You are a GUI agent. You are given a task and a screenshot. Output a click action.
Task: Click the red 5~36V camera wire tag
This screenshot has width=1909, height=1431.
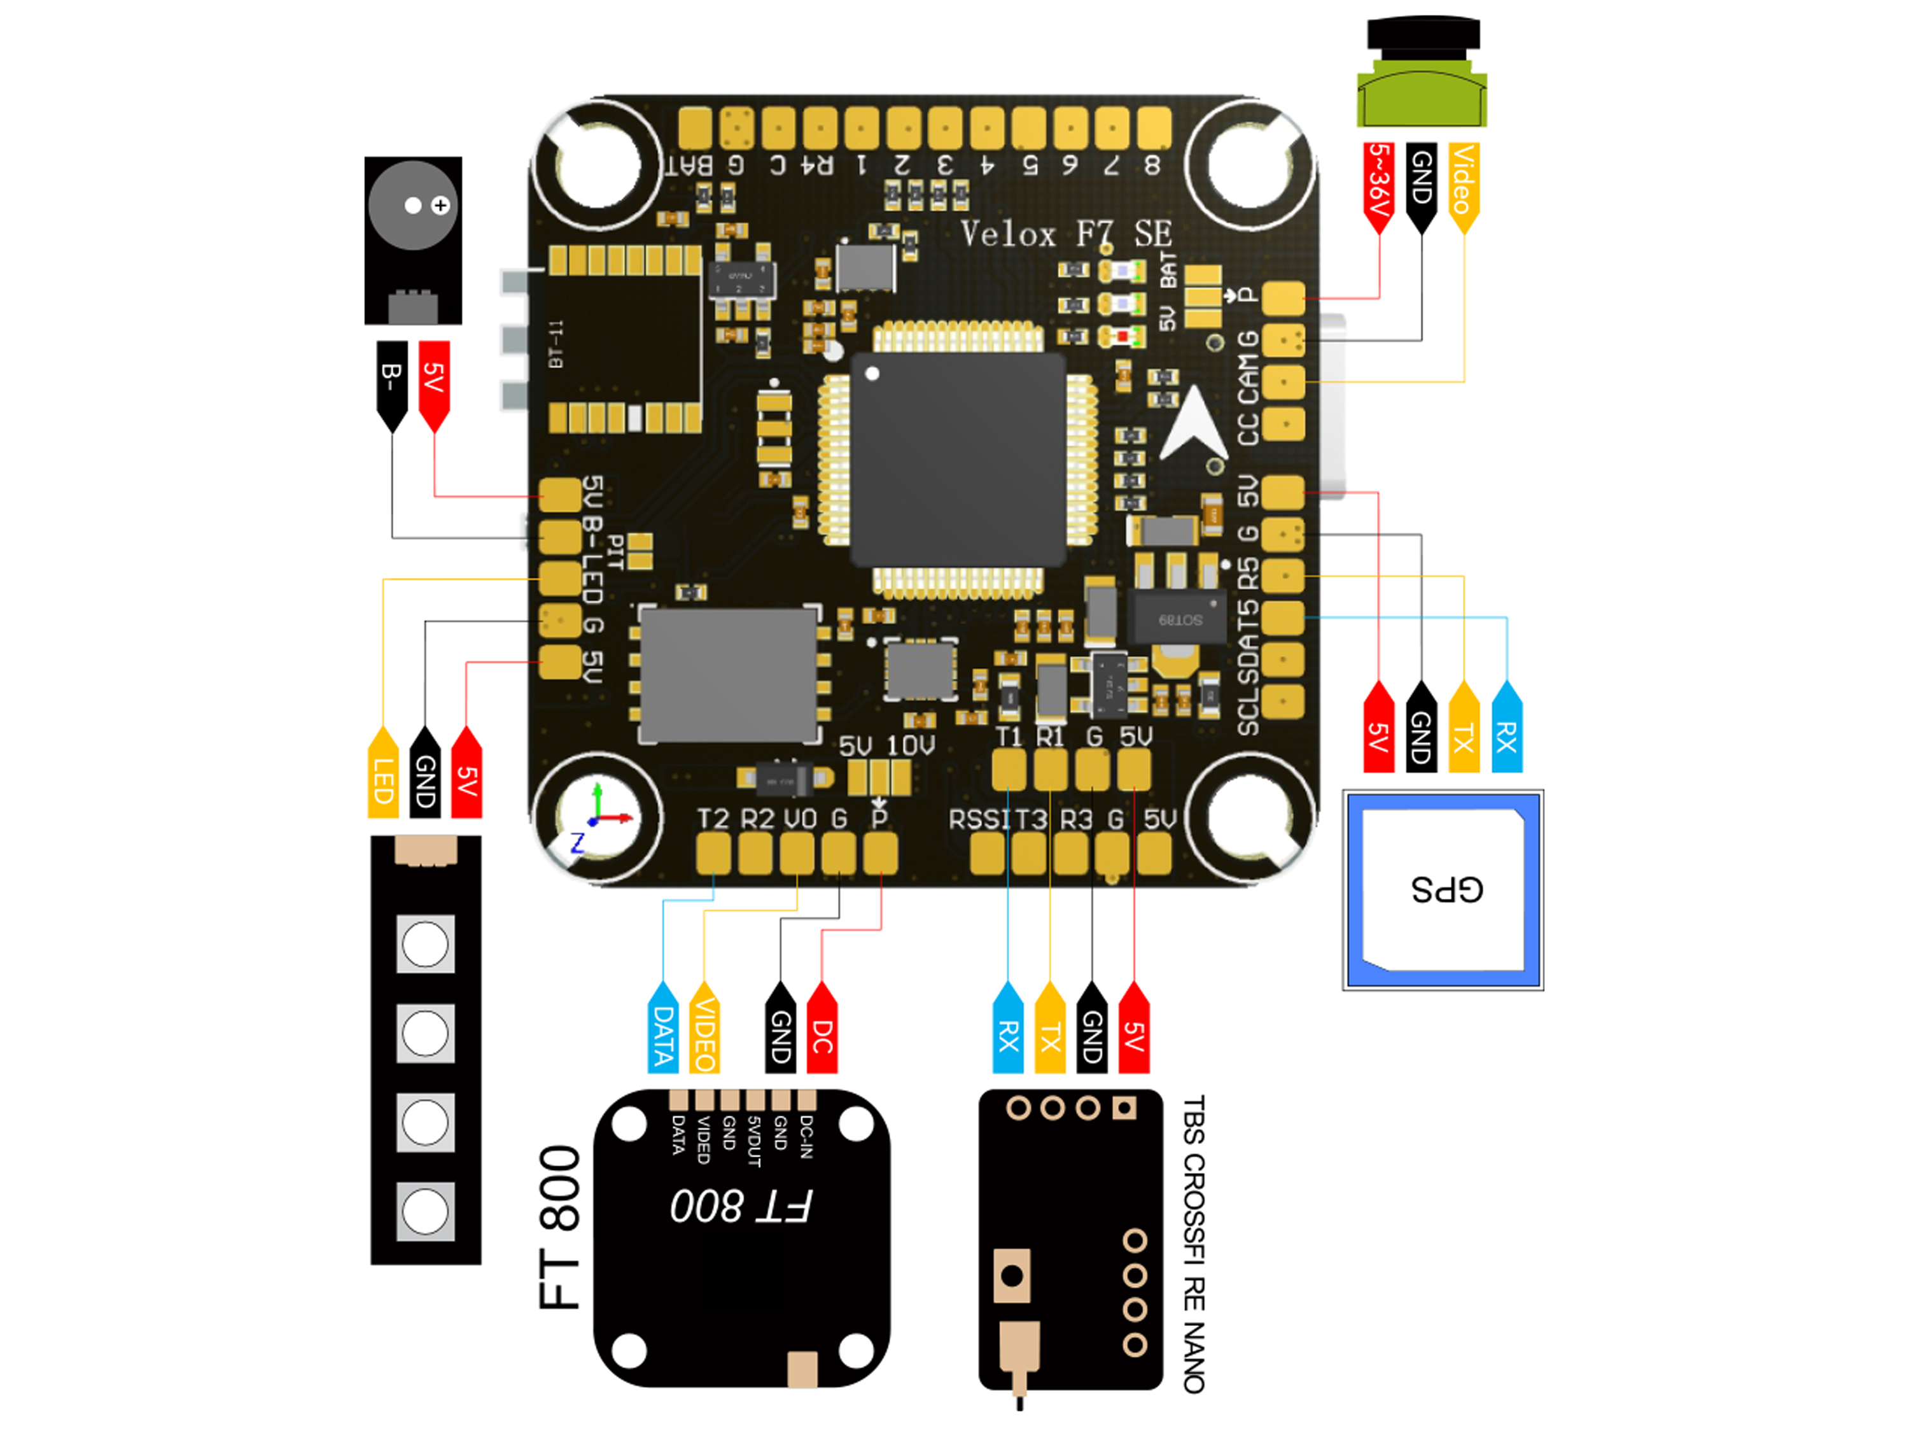tap(1378, 186)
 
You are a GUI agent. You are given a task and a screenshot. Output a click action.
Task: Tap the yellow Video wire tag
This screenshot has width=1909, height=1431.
tap(1463, 186)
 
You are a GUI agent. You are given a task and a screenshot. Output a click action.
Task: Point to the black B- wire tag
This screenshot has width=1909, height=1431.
tap(392, 384)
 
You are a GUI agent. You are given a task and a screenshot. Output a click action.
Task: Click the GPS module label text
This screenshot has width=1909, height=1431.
tap(1446, 890)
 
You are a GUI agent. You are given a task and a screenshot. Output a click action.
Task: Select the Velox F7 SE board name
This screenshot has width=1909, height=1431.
tap(1066, 234)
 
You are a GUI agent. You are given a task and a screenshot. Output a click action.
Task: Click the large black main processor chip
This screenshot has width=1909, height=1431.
tap(958, 459)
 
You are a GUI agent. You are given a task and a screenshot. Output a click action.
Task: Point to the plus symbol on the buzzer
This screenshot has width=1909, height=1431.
tap(441, 206)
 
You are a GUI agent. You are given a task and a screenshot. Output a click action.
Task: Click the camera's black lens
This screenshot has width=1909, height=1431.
tap(1423, 34)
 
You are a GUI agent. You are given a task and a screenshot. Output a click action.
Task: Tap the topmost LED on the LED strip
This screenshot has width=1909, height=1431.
tap(426, 943)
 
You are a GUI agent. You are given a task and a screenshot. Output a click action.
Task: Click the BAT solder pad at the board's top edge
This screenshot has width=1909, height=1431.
tap(695, 129)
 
